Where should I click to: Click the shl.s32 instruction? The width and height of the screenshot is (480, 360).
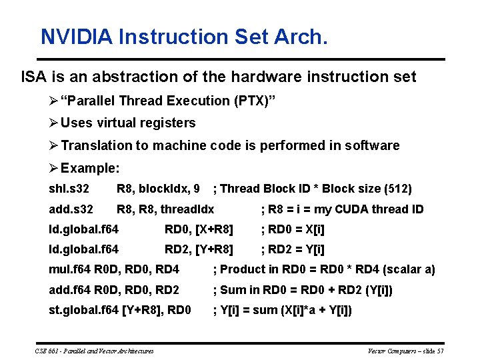(69, 189)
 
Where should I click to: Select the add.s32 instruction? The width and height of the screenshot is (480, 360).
(71, 209)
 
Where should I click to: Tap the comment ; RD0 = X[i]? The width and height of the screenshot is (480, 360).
(293, 230)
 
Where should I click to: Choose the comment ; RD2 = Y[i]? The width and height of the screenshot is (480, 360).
(293, 250)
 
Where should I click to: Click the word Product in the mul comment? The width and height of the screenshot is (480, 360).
(241, 269)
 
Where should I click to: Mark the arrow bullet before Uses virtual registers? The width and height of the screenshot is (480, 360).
(54, 123)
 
